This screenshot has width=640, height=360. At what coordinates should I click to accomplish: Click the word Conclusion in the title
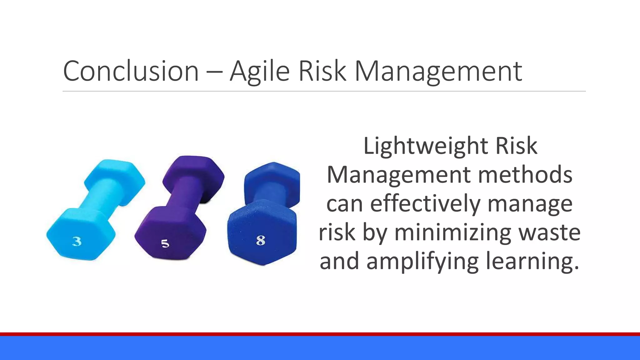click(131, 71)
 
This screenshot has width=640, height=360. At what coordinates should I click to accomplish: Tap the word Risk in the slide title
click(322, 71)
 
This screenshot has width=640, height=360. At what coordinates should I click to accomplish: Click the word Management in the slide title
click(438, 71)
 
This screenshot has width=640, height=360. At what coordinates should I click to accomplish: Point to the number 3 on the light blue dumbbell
click(77, 241)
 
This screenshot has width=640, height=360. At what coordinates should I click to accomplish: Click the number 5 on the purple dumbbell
click(165, 243)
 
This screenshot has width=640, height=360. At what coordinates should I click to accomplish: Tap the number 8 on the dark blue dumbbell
click(261, 240)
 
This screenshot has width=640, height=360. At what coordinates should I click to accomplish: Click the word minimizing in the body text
click(452, 232)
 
